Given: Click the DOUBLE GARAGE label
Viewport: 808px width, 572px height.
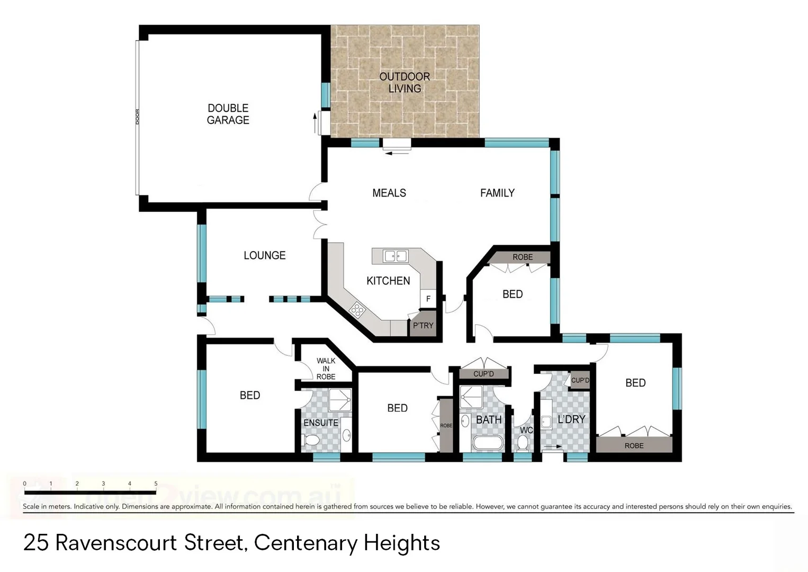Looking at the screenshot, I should (x=228, y=114).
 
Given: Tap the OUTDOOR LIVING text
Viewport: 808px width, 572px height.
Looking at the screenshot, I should (x=405, y=83).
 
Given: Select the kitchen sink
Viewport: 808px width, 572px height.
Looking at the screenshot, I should (x=395, y=256).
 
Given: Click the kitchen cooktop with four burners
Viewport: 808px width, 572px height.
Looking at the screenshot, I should (x=357, y=309).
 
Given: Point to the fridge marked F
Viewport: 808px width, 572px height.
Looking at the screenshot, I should (x=428, y=299).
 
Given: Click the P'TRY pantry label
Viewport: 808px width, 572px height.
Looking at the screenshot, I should (x=423, y=326).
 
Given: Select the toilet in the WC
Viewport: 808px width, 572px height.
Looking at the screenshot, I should (x=523, y=442).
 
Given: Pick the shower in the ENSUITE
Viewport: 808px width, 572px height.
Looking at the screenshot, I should (x=340, y=400).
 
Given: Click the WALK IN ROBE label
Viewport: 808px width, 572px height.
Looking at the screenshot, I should (x=326, y=369).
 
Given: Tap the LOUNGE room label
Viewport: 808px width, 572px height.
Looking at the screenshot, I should (x=264, y=256).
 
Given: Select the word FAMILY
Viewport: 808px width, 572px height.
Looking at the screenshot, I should (x=497, y=193).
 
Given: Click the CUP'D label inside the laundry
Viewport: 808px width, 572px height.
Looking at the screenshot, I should (x=580, y=380).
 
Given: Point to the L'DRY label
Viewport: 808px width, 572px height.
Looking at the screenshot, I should (x=571, y=419).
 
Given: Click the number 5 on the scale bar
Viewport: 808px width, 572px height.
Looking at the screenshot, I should (x=156, y=484).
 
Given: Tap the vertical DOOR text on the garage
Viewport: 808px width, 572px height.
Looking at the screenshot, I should (x=138, y=117).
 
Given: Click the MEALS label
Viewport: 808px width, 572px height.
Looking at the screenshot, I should (x=389, y=193).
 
